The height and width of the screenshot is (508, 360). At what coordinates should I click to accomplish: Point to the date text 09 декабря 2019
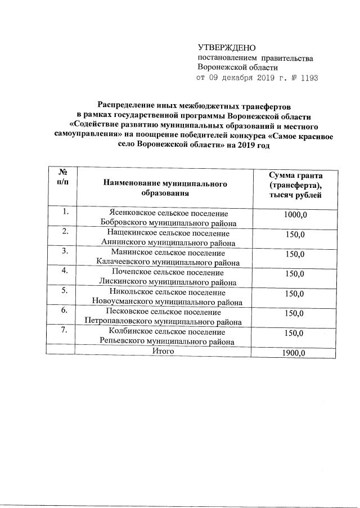coord(241,78)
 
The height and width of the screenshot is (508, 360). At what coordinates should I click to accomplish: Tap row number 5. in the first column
coord(65,291)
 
